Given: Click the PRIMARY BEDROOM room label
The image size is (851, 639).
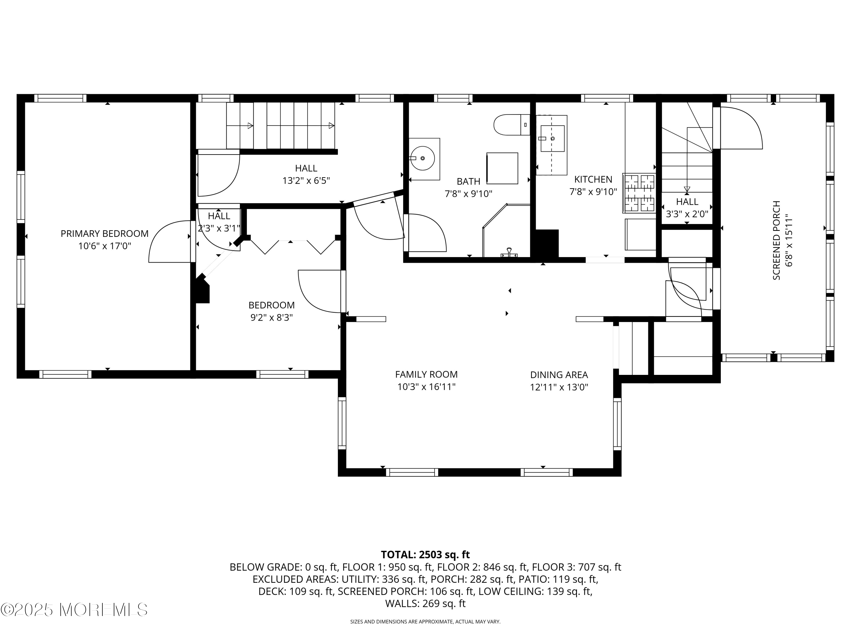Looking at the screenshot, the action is coord(104,233).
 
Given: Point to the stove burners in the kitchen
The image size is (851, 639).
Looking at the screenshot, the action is coord(639,193).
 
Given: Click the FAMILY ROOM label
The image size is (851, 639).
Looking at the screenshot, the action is coord(426,374).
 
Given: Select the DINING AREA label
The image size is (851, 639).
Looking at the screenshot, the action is coord(559,375).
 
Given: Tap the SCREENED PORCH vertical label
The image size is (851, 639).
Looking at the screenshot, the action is coord(776,240).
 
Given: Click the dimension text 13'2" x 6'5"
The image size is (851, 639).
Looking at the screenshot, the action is coord(306,181).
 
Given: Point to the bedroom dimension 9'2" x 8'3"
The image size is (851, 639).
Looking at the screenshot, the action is coord(272,318).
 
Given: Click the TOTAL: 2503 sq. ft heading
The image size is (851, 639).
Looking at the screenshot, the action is coord(425,555).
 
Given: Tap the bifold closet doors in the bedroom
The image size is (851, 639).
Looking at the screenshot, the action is coord(293,247).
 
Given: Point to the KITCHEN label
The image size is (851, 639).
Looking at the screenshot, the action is coord(593,179).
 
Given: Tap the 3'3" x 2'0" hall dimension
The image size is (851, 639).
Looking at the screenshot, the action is coord(687,214).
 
